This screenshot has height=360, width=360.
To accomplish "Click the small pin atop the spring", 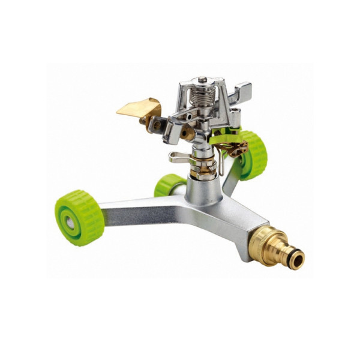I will click(x=203, y=79).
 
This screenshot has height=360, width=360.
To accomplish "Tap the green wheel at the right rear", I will click(x=252, y=155).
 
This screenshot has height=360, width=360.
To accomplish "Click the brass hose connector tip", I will click(x=295, y=259).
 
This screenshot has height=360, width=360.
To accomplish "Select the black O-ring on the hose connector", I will click(x=286, y=254).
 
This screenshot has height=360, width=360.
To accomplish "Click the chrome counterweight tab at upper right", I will click(x=243, y=93).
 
